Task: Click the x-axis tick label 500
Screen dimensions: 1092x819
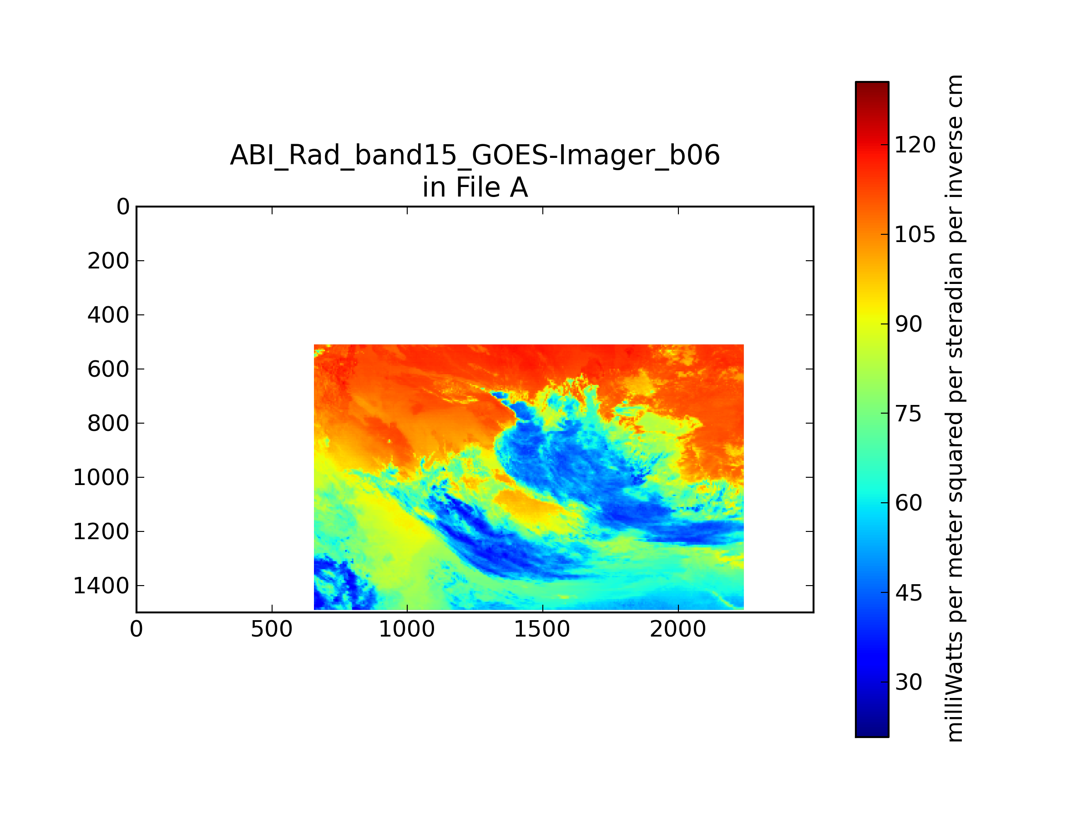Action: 272,629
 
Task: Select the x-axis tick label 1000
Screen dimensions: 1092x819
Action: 407,629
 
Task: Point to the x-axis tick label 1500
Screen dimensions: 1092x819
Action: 542,629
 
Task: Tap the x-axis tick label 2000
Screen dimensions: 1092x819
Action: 678,629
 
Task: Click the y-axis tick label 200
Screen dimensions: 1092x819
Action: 109,261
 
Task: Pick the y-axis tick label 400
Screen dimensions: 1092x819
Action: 109,315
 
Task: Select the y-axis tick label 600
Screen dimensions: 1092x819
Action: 109,369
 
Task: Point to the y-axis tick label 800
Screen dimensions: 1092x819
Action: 109,424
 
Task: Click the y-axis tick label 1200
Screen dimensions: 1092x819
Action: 101,532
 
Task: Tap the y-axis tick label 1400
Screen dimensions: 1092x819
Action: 101,586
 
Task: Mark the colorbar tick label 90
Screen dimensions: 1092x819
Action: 908,324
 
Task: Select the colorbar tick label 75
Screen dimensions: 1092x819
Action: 908,414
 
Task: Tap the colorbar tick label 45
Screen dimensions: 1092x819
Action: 908,593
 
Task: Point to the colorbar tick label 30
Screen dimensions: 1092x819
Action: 908,682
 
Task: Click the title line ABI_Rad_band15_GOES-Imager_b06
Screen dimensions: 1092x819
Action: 475,156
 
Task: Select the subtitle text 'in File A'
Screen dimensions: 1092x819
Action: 475,187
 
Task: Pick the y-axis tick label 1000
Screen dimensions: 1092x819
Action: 101,478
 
